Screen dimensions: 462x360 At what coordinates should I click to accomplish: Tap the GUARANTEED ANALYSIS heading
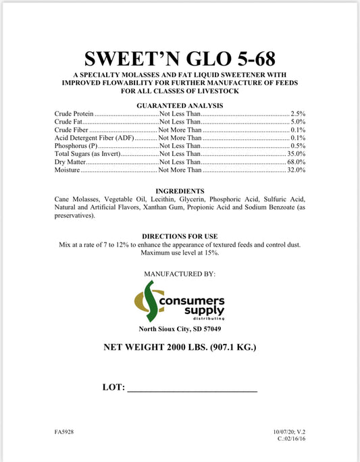coord(180,106)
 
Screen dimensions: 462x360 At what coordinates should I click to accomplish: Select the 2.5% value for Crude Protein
coord(298,115)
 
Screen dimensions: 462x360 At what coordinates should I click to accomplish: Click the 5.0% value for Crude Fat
coord(298,122)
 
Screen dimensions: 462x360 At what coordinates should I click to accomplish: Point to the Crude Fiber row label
coord(71,129)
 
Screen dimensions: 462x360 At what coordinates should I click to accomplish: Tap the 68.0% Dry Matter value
coord(296,162)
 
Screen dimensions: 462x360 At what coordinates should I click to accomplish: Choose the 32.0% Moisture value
coord(296,170)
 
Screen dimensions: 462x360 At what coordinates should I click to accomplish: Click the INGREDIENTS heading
coord(180,191)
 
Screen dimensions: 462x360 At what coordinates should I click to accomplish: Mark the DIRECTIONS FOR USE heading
coord(180,236)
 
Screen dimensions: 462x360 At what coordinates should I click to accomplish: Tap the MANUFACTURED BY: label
coord(180,274)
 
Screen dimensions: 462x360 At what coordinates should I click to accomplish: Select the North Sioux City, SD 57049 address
coord(180,329)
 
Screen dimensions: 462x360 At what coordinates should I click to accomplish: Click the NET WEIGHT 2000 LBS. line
coord(180,349)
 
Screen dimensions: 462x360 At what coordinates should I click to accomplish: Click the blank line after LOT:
coord(192,390)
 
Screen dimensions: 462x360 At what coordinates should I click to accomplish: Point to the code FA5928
coord(65,430)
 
